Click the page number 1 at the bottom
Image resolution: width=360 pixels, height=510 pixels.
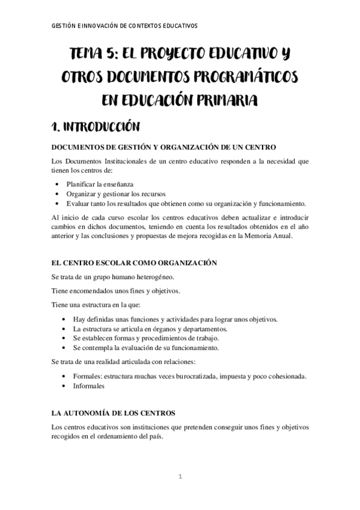[180, 477]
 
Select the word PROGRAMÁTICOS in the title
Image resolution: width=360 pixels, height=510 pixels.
[243, 78]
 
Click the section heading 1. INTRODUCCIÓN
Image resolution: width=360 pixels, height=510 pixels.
[96, 127]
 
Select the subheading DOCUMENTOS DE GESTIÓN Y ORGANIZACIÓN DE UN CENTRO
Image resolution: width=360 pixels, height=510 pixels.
[164, 148]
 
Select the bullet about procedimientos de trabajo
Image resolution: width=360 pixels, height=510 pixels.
[145, 339]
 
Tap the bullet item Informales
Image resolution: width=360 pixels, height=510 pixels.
[88, 386]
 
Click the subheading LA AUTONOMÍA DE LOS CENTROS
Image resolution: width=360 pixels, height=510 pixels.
[114, 414]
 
